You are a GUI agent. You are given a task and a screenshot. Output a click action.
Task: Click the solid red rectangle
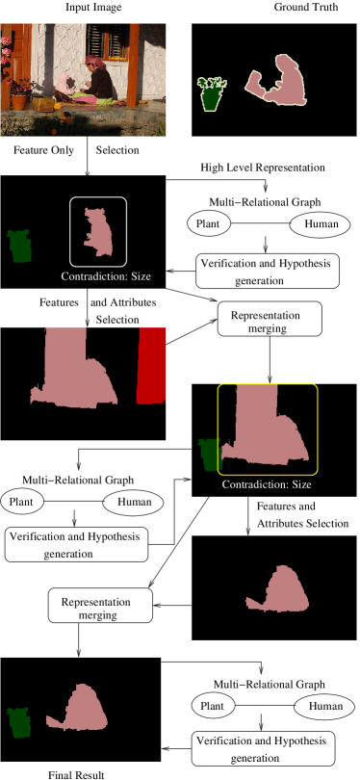pyautogui.click(x=152, y=365)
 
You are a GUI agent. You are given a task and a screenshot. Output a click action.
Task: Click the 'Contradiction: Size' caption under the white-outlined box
pyautogui.click(x=106, y=276)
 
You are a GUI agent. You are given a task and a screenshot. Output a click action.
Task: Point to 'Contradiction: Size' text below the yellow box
pyautogui.click(x=267, y=483)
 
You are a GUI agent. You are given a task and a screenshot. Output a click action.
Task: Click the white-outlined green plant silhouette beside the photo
pyautogui.click(x=212, y=93)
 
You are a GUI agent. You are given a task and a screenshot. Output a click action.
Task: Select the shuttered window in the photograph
pyautogui.click(x=107, y=41)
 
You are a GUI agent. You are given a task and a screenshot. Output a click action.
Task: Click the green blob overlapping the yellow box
pyautogui.click(x=209, y=455)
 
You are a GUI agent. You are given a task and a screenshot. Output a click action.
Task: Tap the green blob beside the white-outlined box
pyautogui.click(x=19, y=247)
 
